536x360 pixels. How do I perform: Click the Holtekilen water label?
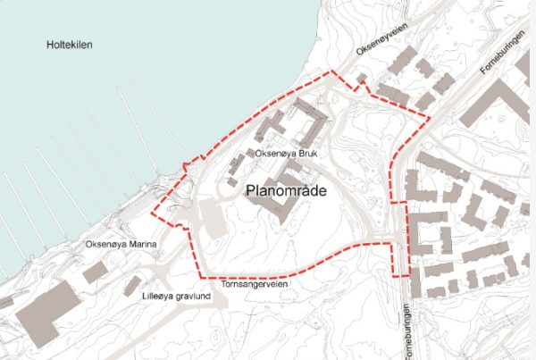pyautogui.click(x=70, y=44)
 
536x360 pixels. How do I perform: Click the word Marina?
pyautogui.click(x=144, y=244)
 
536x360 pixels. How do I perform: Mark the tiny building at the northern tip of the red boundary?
pyautogui.click(x=361, y=80)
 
